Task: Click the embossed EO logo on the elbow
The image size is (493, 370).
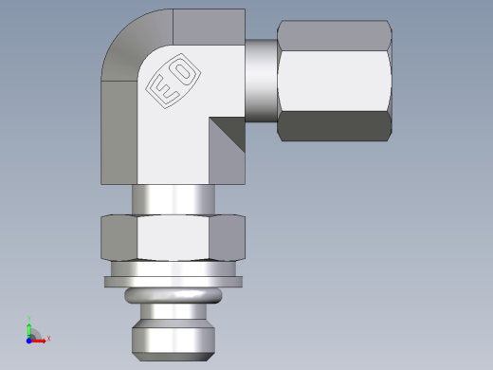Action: pyautogui.click(x=173, y=82)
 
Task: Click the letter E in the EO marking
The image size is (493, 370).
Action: pyautogui.click(x=162, y=91)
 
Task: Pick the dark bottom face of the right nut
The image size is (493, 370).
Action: pyautogui.click(x=334, y=127)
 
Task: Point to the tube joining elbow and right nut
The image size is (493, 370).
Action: pyautogui.click(x=261, y=80)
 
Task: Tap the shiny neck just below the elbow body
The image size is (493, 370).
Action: pyautogui.click(x=173, y=199)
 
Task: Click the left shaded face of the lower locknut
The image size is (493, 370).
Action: pyautogui.click(x=119, y=239)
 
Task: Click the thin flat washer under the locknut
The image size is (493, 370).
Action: pyautogui.click(x=173, y=282)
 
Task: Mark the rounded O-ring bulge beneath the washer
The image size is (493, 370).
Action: pyautogui.click(x=173, y=296)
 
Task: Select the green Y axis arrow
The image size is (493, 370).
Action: pyautogui.click(x=29, y=328)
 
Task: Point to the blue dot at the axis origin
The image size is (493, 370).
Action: pyautogui.click(x=29, y=339)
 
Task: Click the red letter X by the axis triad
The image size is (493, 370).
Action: pyautogui.click(x=48, y=338)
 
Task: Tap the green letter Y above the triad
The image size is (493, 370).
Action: pyautogui.click(x=29, y=319)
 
